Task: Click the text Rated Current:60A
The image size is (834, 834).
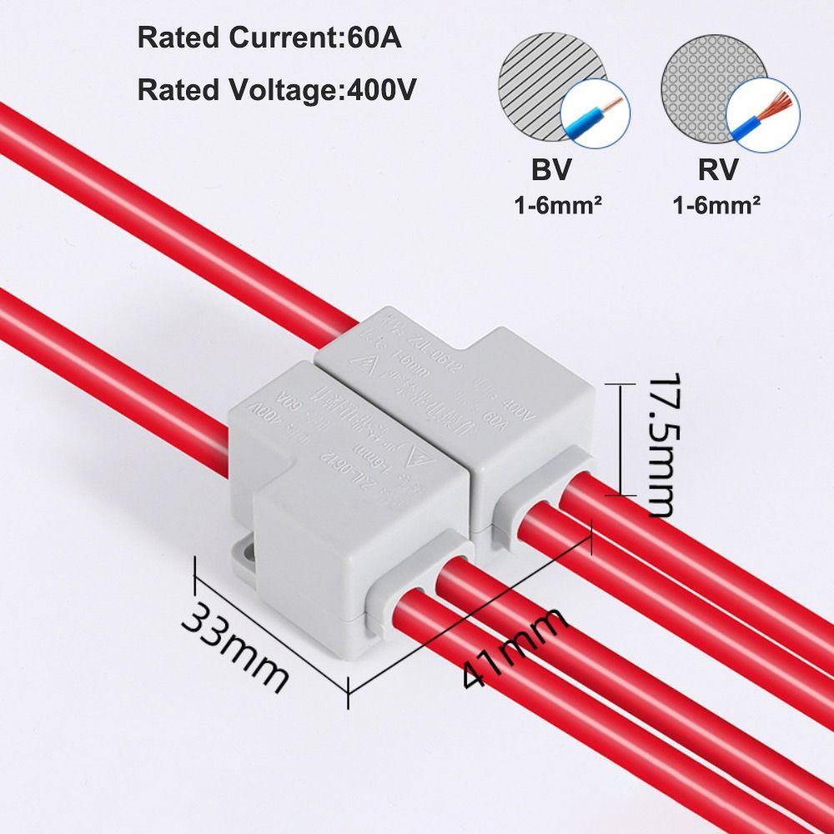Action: (269, 38)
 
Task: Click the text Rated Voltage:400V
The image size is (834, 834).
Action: (277, 89)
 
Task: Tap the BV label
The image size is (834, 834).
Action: (551, 171)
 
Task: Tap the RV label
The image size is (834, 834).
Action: (717, 171)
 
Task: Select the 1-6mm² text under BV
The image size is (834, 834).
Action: (551, 204)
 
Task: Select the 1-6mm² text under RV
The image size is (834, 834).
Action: (716, 204)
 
